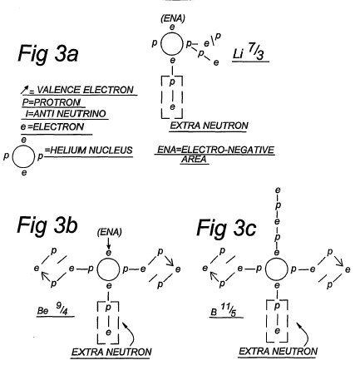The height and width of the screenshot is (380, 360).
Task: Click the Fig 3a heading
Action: (x=48, y=54)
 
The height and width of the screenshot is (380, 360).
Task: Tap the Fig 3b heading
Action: (x=47, y=225)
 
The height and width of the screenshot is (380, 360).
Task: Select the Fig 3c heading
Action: (x=226, y=228)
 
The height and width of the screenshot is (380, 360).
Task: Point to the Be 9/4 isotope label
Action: (x=53, y=309)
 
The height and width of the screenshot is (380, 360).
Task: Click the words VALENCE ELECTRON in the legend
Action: (x=85, y=90)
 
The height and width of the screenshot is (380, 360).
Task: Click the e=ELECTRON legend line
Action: (x=52, y=127)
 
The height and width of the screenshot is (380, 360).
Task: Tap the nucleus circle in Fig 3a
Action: (x=160, y=44)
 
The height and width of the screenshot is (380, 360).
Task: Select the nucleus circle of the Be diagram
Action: (x=97, y=269)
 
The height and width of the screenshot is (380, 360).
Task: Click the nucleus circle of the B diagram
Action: (x=265, y=269)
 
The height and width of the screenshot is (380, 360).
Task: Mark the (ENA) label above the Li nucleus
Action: (x=173, y=19)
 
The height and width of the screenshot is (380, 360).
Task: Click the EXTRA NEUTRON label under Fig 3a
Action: (x=209, y=126)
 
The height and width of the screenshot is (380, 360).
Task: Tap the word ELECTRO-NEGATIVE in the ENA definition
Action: (x=227, y=150)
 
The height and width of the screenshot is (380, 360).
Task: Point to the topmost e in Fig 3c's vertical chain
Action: (x=278, y=190)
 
